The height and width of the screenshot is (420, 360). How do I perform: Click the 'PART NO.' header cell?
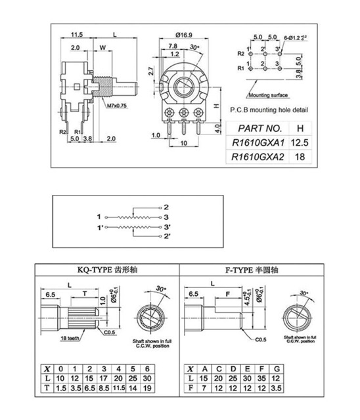pyautogui.click(x=259, y=127)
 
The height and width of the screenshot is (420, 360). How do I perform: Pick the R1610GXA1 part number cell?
pyautogui.click(x=258, y=142)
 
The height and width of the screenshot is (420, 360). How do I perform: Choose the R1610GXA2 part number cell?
pyautogui.click(x=258, y=157)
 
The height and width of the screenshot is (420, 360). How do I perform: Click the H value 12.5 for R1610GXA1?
pyautogui.click(x=300, y=142)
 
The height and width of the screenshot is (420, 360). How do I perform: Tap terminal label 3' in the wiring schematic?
pyautogui.click(x=167, y=226)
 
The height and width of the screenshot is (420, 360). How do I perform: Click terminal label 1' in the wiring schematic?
pyautogui.click(x=100, y=226)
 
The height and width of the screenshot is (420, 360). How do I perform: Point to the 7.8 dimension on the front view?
pyautogui.click(x=171, y=46)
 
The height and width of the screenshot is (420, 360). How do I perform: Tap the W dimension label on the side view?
pyautogui.click(x=103, y=47)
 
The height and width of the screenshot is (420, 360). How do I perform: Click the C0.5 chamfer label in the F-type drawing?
pyautogui.click(x=260, y=339)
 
